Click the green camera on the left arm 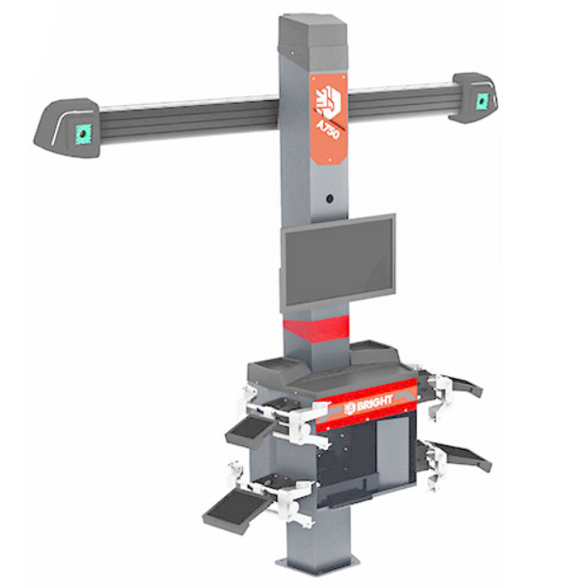coord(83,133)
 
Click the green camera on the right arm coord(481,100)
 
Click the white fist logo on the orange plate coord(329,100)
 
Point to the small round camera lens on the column coord(330,199)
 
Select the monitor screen coord(337,261)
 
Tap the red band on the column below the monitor coord(316,329)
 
